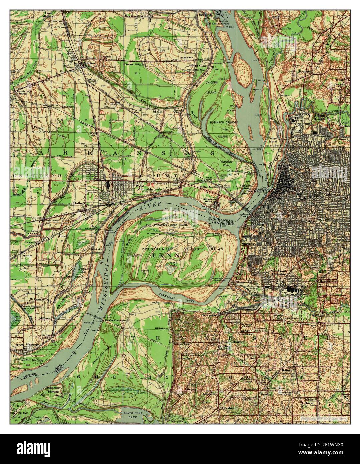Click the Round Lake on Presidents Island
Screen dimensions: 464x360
point(172,266)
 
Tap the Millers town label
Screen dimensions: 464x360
point(44,318)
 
